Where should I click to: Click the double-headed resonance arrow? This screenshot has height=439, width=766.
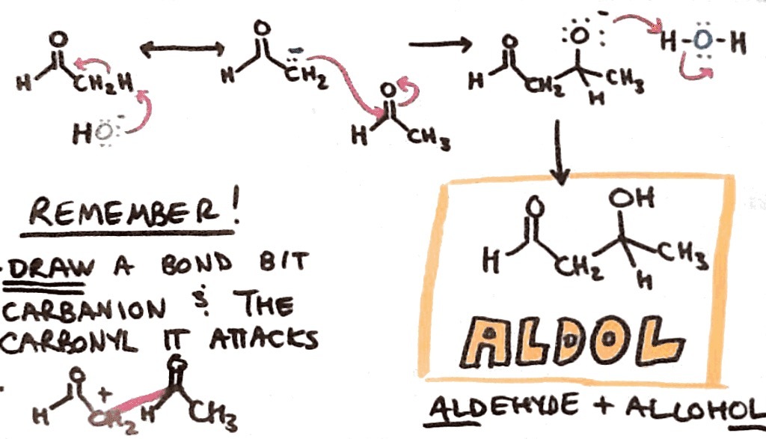click(x=183, y=50)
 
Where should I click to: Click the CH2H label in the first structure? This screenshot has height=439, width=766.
click(x=113, y=84)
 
